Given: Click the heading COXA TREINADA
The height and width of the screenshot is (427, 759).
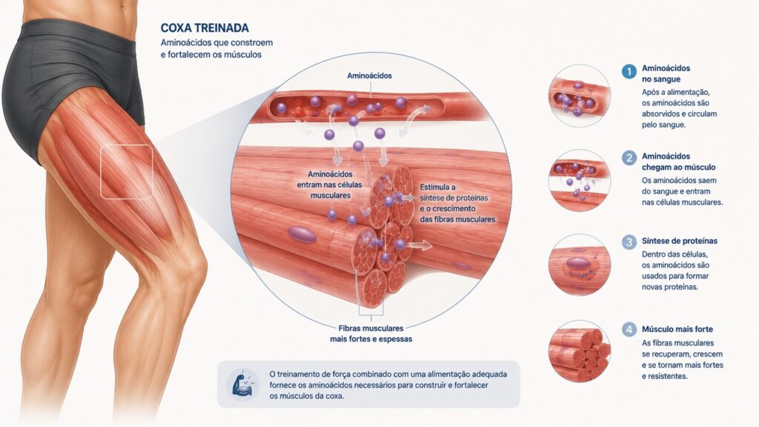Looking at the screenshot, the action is coord(205,28).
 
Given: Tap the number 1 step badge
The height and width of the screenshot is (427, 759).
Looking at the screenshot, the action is coord(629,72).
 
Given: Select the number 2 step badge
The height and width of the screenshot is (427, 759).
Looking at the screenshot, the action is coord(629,158).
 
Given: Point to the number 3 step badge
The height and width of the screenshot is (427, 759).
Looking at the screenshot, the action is coord(629,242).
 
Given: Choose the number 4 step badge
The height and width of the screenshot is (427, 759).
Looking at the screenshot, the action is coord(629,330).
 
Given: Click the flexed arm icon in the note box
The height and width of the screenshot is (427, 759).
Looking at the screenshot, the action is coord(243,384).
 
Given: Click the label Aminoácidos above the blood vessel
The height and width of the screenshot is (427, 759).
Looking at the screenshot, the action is coord(369,76).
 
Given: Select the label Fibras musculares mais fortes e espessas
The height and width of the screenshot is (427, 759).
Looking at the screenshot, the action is coord(371,334).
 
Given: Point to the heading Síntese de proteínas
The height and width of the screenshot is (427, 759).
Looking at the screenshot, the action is coord(680,241).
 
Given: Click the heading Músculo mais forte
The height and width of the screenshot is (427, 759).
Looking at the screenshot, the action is coord(677,329).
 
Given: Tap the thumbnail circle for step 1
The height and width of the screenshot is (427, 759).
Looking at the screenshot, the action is coord(580,96).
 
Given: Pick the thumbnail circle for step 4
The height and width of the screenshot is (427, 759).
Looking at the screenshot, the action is coord(580,351).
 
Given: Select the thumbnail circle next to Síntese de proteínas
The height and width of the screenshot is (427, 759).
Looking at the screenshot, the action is coord(580,265).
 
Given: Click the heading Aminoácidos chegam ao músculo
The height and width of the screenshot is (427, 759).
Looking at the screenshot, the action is coord(679,162).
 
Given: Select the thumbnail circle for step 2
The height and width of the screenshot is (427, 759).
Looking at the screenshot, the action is coord(580,181).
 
